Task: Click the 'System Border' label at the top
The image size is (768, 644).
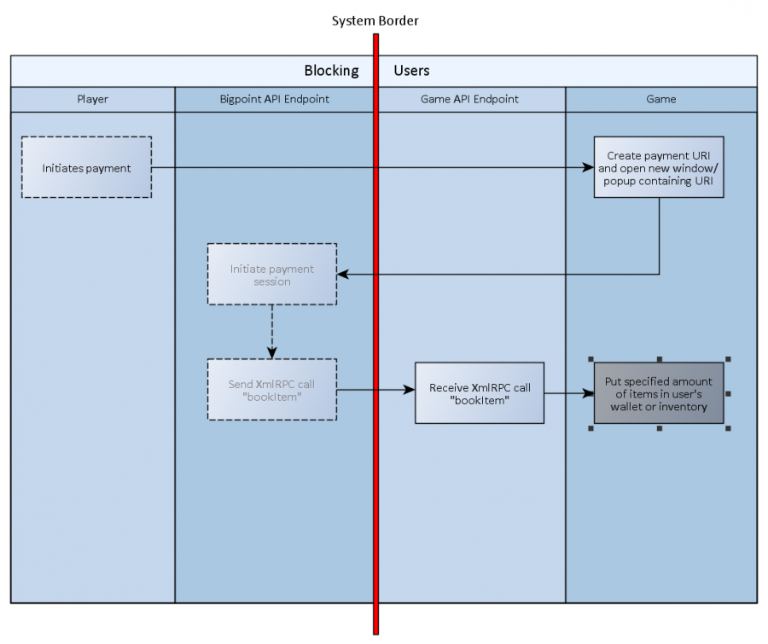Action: click(x=375, y=20)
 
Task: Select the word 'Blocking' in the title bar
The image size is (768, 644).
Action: click(x=331, y=71)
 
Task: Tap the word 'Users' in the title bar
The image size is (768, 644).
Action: click(x=411, y=71)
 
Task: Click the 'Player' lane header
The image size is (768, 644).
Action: click(x=92, y=99)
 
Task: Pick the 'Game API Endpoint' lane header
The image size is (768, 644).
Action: click(x=469, y=99)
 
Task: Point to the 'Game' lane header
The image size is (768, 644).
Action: click(x=660, y=99)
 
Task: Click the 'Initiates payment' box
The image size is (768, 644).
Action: click(x=86, y=168)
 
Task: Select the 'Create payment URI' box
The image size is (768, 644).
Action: click(x=659, y=167)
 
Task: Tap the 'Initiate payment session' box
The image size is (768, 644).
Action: click(x=271, y=275)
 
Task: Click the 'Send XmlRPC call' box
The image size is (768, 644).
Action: click(x=271, y=390)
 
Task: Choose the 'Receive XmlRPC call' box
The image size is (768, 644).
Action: click(x=479, y=393)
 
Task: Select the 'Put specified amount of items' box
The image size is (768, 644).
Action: click(x=658, y=393)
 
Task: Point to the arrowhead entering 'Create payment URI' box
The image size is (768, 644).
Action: click(x=589, y=168)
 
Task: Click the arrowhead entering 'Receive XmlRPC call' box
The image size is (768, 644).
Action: click(x=410, y=390)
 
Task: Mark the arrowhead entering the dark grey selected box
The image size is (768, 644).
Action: click(x=588, y=394)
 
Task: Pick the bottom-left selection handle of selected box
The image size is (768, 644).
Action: click(x=591, y=428)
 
